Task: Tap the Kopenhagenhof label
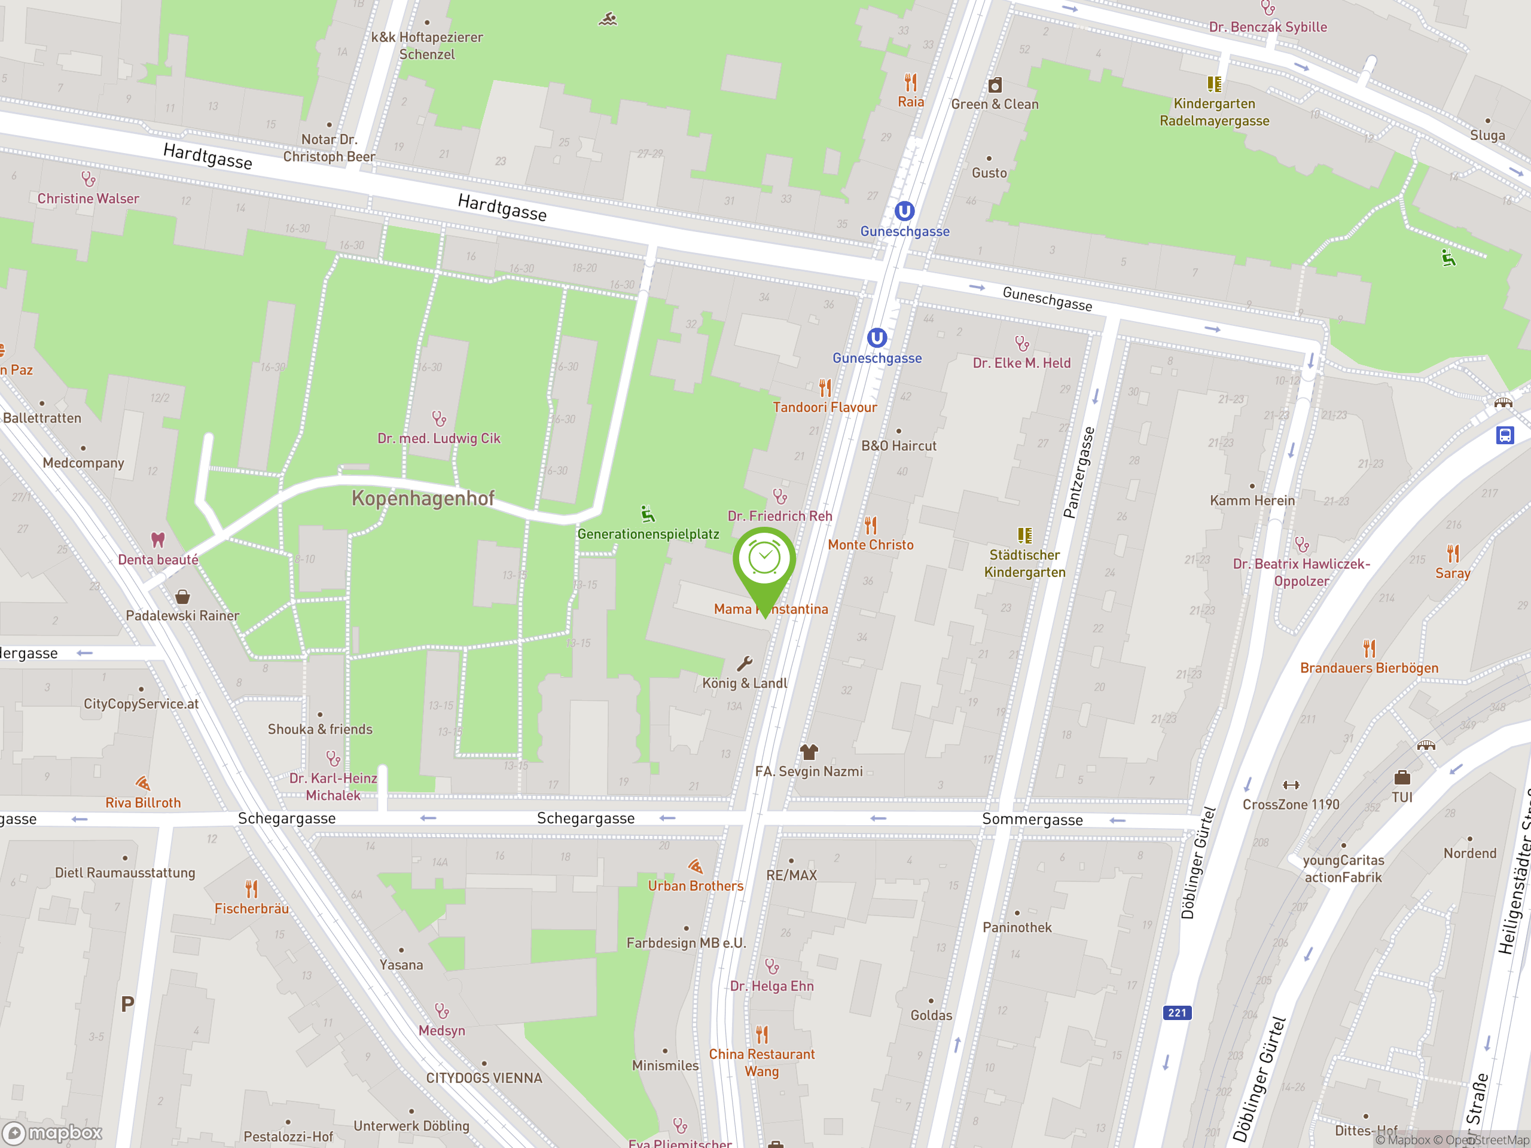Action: (x=423, y=498)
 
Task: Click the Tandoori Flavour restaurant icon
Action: (x=825, y=387)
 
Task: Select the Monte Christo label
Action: (x=870, y=545)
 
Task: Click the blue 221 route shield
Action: (x=1176, y=1012)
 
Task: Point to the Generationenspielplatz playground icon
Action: (x=647, y=514)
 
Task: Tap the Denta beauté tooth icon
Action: (x=158, y=540)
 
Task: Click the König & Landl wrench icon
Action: (x=745, y=664)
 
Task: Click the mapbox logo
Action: (x=53, y=1133)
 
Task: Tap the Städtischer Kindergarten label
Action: (x=1024, y=563)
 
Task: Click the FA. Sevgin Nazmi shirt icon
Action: (x=809, y=752)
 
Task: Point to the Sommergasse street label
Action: (x=1032, y=819)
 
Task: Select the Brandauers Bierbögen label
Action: (x=1368, y=668)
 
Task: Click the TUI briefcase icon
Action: (x=1402, y=777)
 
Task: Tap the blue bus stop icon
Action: (x=1505, y=435)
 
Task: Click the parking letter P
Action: (x=127, y=1004)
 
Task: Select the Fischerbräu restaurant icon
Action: (x=251, y=889)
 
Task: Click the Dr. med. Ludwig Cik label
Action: (x=438, y=438)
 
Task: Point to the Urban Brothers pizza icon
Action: (x=696, y=866)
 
